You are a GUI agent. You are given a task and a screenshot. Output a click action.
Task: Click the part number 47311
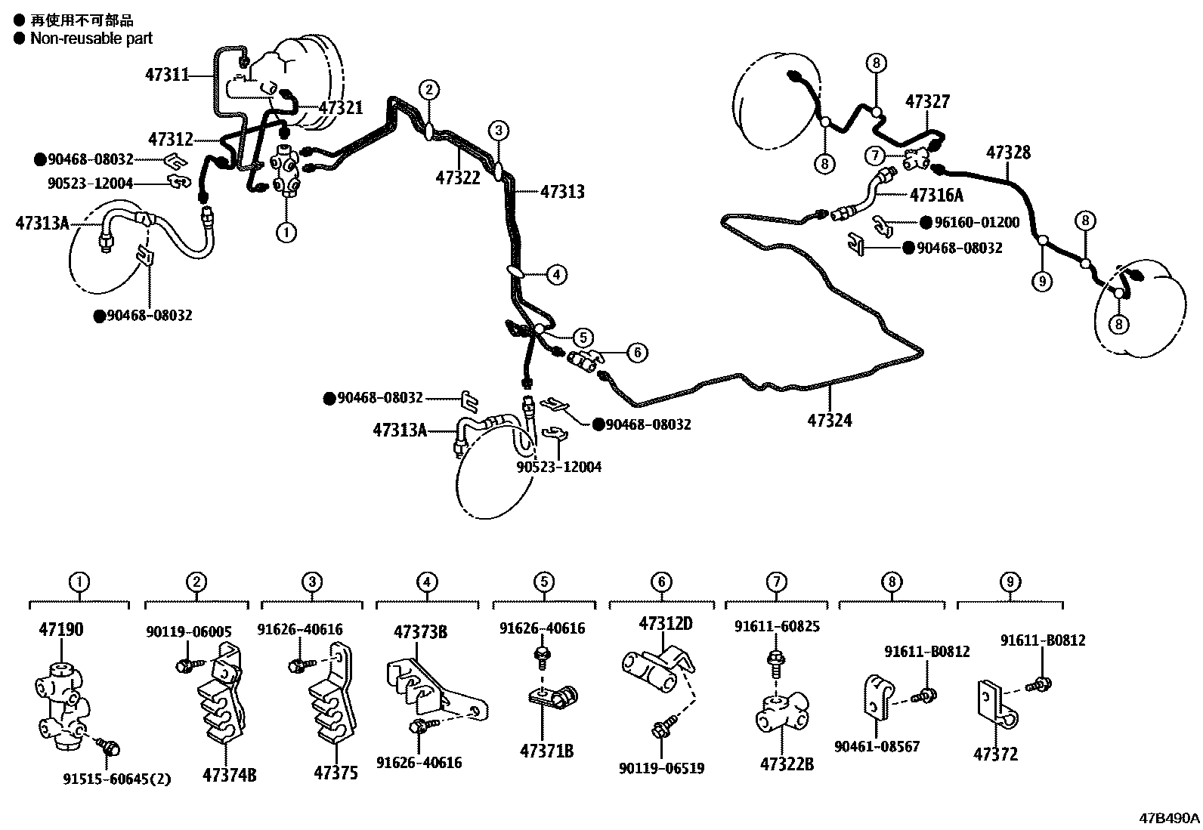[x=167, y=74]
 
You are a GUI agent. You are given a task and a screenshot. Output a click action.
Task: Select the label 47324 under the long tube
[x=830, y=421]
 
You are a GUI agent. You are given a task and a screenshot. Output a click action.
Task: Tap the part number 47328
[x=1008, y=153]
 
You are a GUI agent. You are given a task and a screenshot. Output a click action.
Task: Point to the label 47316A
[x=936, y=196]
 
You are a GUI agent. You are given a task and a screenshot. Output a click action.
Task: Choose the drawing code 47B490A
[x=1170, y=817]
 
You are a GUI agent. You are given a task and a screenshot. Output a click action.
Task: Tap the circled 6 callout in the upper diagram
[x=637, y=352]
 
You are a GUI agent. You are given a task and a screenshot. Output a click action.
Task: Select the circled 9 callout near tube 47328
[x=1042, y=282]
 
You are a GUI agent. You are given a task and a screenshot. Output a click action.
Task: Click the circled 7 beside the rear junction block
[x=874, y=156]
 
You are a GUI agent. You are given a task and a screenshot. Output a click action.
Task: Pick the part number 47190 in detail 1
[x=60, y=629]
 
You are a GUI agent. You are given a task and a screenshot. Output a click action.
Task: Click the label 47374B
[x=229, y=774]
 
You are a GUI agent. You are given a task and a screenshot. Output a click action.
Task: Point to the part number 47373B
[x=420, y=631]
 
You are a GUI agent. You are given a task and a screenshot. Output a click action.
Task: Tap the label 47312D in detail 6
[x=666, y=624]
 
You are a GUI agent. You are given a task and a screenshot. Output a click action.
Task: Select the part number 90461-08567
[x=877, y=747]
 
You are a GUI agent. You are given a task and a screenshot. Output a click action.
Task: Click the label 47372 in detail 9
[x=995, y=754]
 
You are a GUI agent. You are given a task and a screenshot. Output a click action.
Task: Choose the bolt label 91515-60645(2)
[x=116, y=779]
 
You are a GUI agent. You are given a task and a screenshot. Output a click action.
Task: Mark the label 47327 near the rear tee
[x=927, y=101]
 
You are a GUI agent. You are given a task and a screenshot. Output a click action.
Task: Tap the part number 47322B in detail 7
[x=787, y=764]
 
